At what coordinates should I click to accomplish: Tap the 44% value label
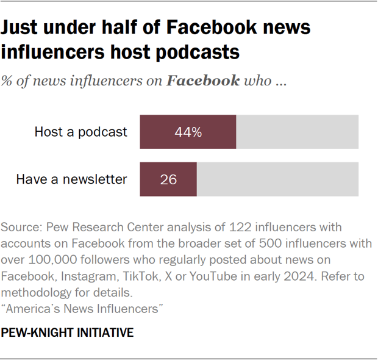pyautogui.click(x=188, y=132)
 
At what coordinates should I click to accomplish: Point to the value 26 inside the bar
pyautogui.click(x=168, y=179)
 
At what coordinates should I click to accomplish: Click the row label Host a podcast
pyautogui.click(x=81, y=132)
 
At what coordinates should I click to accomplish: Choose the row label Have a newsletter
pyautogui.click(x=71, y=179)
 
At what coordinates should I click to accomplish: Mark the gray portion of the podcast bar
pyautogui.click(x=297, y=132)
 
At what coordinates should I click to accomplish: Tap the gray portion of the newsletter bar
pyautogui.click(x=277, y=179)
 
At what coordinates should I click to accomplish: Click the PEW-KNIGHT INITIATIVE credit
pyautogui.click(x=67, y=333)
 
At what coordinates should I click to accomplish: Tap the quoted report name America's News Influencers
pyautogui.click(x=82, y=309)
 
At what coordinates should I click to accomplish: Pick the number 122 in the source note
pyautogui.click(x=239, y=228)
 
